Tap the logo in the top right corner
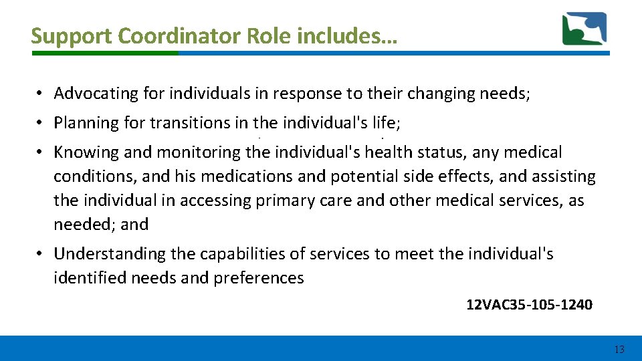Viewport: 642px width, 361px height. pyautogui.click(x=584, y=29)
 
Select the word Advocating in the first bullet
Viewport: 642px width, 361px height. pyautogui.click(x=96, y=94)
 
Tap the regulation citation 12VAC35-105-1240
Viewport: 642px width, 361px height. pyautogui.click(x=529, y=305)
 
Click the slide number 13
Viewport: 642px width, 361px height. pyautogui.click(x=619, y=350)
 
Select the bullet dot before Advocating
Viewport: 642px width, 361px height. pyautogui.click(x=41, y=94)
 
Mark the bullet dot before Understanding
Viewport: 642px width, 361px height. pyautogui.click(x=41, y=254)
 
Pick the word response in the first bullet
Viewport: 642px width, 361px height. pyautogui.click(x=306, y=94)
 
